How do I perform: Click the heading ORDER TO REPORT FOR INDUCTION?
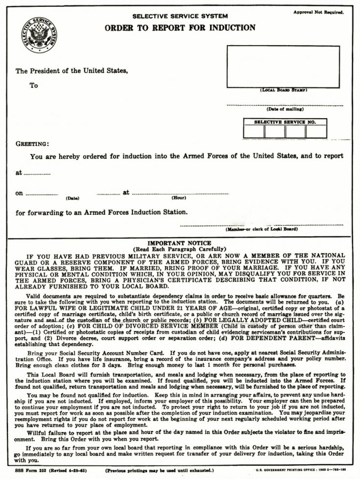pyautogui.click(x=180, y=27)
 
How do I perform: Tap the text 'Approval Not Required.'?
pyautogui.click(x=318, y=11)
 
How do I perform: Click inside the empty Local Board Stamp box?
pyautogui.click(x=283, y=67)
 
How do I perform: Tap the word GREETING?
pyautogui.click(x=32, y=144)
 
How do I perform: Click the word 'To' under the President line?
pyautogui.click(x=33, y=85)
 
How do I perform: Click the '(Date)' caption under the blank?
pyautogui.click(x=72, y=198)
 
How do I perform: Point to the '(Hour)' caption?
pyautogui.click(x=178, y=198)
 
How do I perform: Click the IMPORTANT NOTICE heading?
pyautogui.click(x=179, y=243)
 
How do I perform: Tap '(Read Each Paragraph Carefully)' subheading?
pyautogui.click(x=179, y=249)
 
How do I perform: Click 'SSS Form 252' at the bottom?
pyautogui.click(x=28, y=470)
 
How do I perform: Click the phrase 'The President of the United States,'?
pyautogui.click(x=72, y=71)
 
